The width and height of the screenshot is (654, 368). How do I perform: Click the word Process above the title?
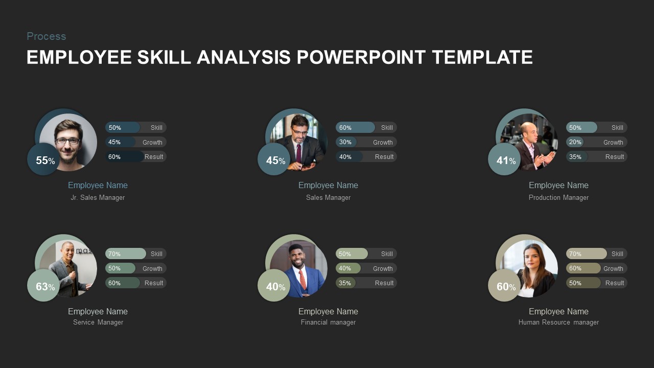tap(46, 36)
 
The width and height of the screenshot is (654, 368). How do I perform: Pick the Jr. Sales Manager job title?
tap(98, 198)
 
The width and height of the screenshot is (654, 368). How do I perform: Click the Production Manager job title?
tap(558, 198)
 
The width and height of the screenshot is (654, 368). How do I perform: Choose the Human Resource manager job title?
tap(558, 323)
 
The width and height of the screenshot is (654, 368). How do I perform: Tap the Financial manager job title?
tap(328, 323)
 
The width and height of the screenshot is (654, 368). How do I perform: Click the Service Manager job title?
tap(98, 323)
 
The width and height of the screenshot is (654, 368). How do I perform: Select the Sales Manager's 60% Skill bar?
tap(366, 128)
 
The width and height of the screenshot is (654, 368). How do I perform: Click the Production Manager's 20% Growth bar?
tap(596, 142)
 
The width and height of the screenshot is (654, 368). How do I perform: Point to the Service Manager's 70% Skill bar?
tap(135, 254)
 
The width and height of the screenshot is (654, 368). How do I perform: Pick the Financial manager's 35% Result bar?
tap(366, 283)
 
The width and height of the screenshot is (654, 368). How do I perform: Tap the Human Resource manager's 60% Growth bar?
tap(596, 268)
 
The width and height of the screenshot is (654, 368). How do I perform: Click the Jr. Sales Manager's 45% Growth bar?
tap(135, 142)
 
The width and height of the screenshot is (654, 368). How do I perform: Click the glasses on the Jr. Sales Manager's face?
tap(68, 141)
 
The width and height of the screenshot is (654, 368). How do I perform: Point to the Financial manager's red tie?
tap(302, 279)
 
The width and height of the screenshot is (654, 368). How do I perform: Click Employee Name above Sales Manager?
tap(328, 186)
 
